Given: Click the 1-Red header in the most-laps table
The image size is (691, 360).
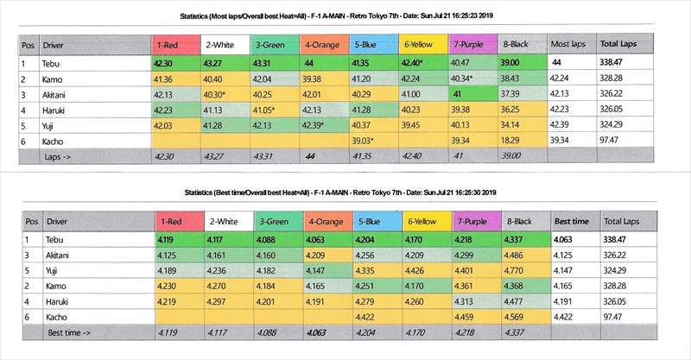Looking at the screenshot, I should (x=175, y=44).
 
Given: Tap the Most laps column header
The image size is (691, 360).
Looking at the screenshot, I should (x=569, y=44).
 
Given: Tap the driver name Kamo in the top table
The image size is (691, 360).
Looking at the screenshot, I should (x=53, y=79).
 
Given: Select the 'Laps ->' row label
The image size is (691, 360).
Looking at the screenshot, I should (x=59, y=155).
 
